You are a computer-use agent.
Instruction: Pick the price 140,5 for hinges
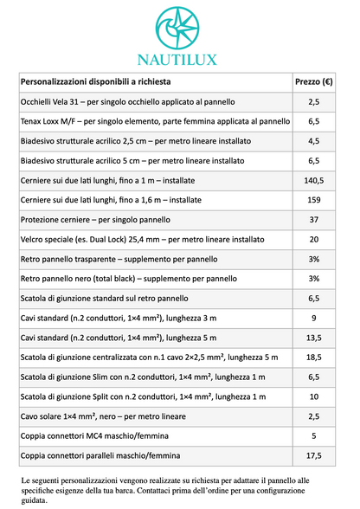[x=313, y=180]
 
